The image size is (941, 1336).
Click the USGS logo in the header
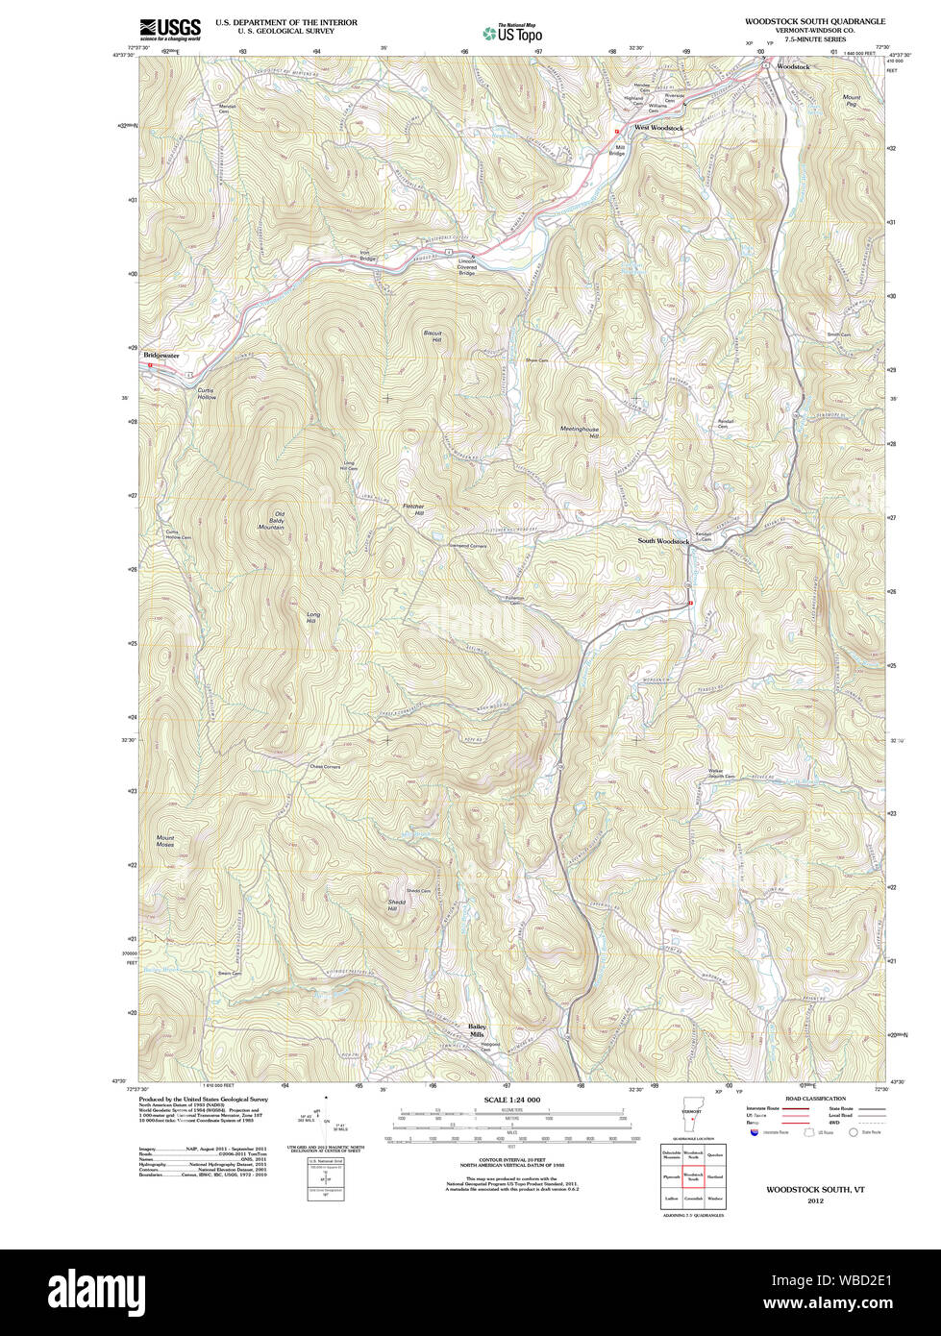(170, 29)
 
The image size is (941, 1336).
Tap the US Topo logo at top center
(513, 32)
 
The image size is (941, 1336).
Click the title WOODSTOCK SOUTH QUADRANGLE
(814, 20)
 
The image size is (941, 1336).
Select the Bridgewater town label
(161, 356)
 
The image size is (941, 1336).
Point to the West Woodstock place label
(658, 128)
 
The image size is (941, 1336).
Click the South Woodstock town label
(663, 541)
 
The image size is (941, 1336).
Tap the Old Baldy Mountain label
(272, 521)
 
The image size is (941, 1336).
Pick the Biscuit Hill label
(433, 336)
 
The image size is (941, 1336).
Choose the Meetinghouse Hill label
(580, 433)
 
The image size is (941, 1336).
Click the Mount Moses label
(165, 841)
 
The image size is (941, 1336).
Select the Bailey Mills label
(477, 1029)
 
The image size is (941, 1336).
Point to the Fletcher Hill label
(412, 509)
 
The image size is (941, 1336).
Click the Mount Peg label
(851, 100)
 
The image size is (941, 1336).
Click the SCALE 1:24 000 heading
(511, 1100)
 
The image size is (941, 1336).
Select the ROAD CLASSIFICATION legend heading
(815, 1099)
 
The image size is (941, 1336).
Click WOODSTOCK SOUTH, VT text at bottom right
(815, 1189)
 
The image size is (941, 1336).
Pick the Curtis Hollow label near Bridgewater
(207, 393)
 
